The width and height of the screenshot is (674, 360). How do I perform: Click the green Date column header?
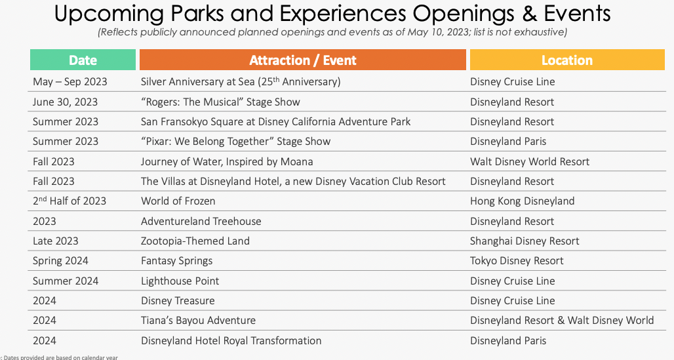[83, 60]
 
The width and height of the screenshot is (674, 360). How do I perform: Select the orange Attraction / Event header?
[303, 60]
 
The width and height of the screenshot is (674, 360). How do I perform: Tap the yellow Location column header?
[567, 60]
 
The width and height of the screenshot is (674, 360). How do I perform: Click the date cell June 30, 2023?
[66, 102]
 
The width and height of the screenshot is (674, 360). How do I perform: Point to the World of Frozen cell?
[178, 201]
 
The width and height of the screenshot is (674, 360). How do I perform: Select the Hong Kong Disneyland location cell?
[523, 201]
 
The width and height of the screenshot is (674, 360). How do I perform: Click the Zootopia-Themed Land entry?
[195, 241]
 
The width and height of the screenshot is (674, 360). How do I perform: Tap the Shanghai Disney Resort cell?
[525, 241]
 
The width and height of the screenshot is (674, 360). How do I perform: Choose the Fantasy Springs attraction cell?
[176, 261]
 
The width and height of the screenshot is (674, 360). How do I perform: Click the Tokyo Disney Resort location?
[517, 261]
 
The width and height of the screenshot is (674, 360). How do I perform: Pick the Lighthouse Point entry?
[180, 281]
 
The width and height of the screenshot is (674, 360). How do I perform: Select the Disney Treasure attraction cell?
[178, 301]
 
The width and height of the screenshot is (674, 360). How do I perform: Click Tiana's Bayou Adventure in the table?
[198, 321]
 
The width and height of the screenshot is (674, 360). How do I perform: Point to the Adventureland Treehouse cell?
[201, 221]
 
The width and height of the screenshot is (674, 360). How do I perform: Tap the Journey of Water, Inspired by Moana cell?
[227, 162]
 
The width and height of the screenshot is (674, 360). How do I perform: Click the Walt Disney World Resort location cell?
[530, 162]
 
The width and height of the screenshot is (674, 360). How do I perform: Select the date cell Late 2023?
[56, 241]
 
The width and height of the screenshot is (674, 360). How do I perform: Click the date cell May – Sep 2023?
[70, 82]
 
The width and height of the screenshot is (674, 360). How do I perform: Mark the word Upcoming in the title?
[109, 14]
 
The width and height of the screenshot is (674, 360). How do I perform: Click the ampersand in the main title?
[529, 13]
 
